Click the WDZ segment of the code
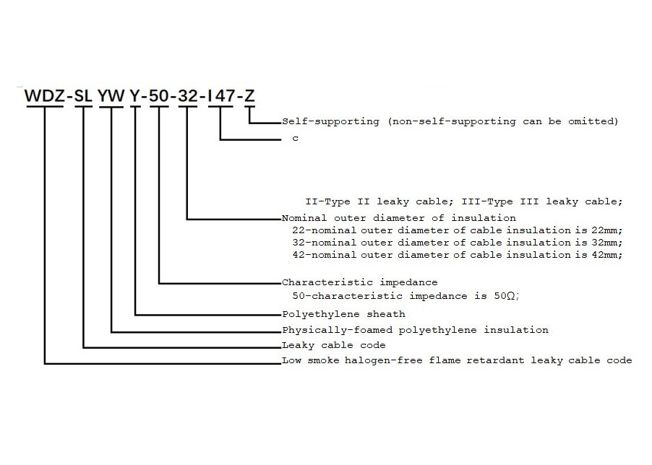click(45, 96)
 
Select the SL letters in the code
click(84, 96)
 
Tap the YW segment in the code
click(112, 96)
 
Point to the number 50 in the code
click(158, 96)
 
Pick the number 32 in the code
click(187, 96)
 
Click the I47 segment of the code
click(220, 96)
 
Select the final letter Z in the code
click(249, 96)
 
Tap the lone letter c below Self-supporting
click(295, 139)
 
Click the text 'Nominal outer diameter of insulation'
click(399, 217)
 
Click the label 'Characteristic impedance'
click(359, 282)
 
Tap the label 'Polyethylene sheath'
click(343, 314)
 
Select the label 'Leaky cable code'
click(333, 345)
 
